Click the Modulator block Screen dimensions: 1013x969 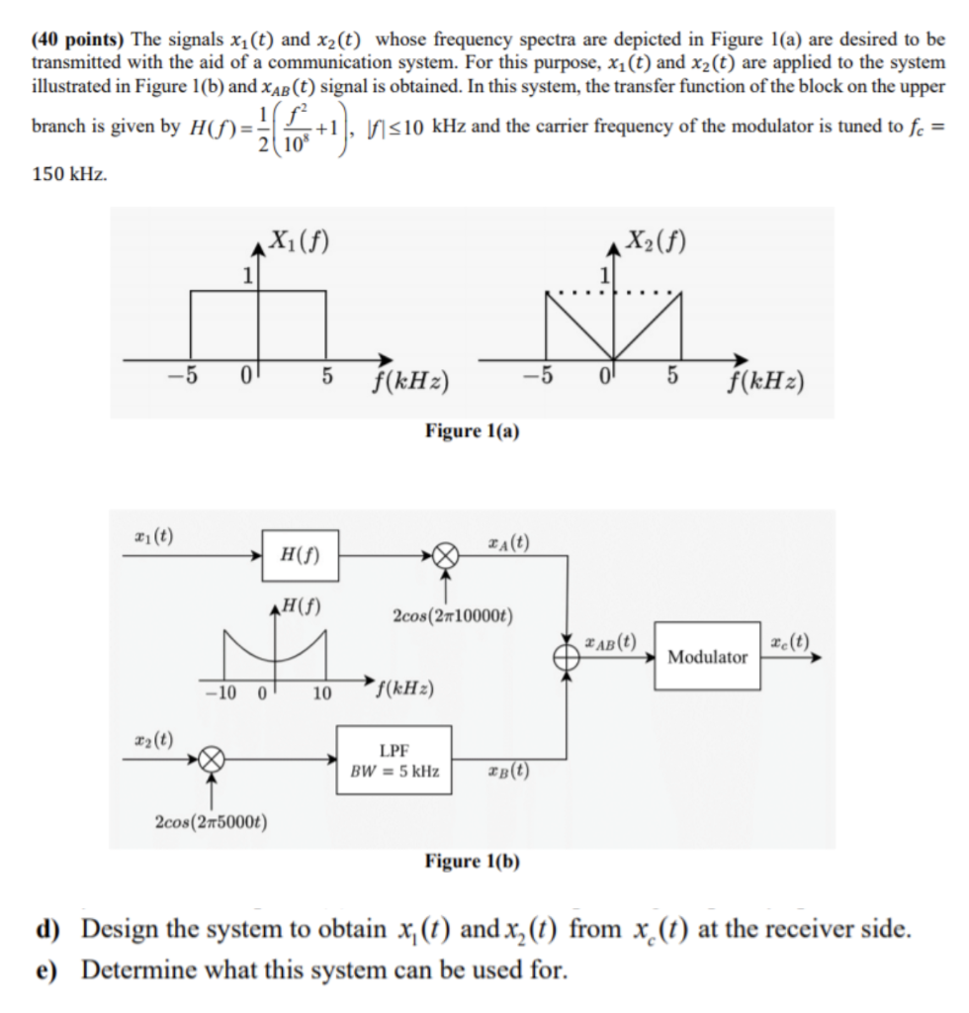click(708, 656)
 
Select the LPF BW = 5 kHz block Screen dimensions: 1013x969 click(395, 759)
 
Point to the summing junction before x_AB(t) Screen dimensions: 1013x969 click(568, 655)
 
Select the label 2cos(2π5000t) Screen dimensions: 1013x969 click(216, 820)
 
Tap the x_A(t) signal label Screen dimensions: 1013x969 click(508, 541)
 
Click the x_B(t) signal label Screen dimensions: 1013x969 click(508, 773)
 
